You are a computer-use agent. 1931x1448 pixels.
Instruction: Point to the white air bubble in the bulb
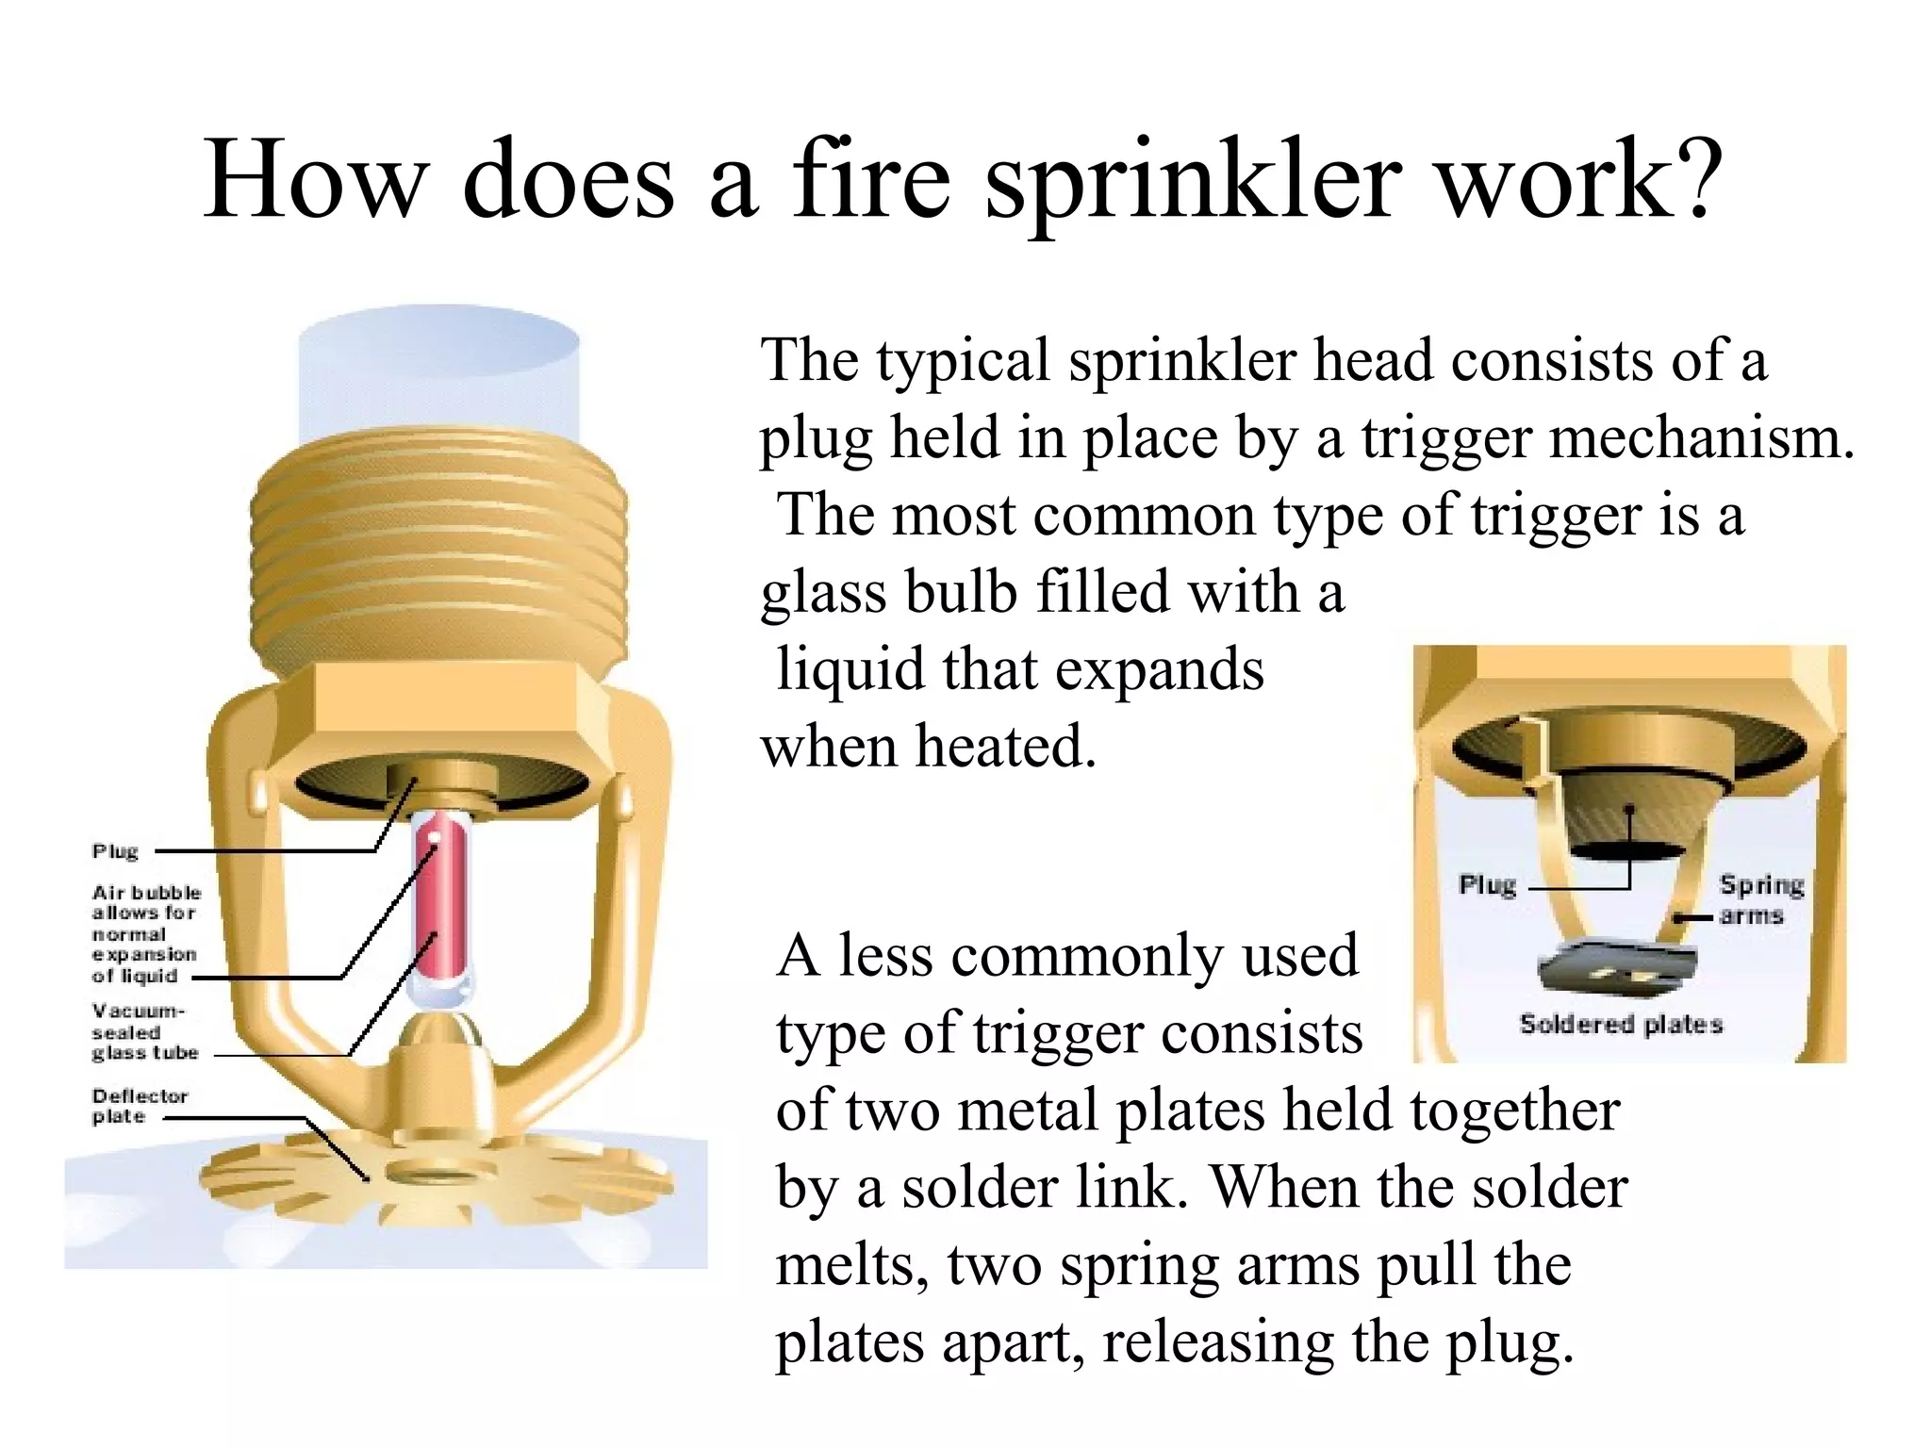435,836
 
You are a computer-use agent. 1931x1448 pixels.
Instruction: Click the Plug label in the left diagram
115,851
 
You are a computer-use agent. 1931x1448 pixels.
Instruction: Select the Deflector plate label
140,1106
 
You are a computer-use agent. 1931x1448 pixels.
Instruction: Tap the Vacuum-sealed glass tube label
144,1032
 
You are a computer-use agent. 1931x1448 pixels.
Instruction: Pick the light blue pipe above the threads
439,377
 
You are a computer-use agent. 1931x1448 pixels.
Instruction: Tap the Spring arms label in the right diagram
1759,899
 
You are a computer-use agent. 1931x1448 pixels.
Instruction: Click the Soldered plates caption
1621,1024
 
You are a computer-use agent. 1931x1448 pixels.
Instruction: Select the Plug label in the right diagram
1487,885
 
